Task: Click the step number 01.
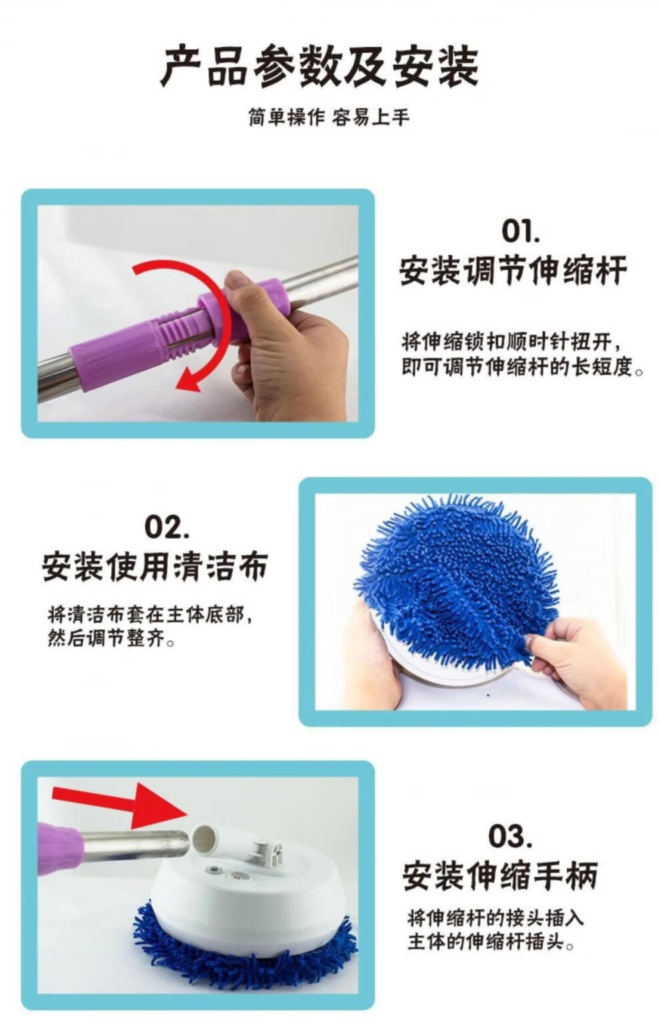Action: [521, 231]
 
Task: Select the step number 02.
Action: [167, 527]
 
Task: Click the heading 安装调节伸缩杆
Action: [513, 271]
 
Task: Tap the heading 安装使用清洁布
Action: [155, 566]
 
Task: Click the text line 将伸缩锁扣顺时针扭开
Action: [510, 341]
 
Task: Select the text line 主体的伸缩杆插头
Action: [490, 942]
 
